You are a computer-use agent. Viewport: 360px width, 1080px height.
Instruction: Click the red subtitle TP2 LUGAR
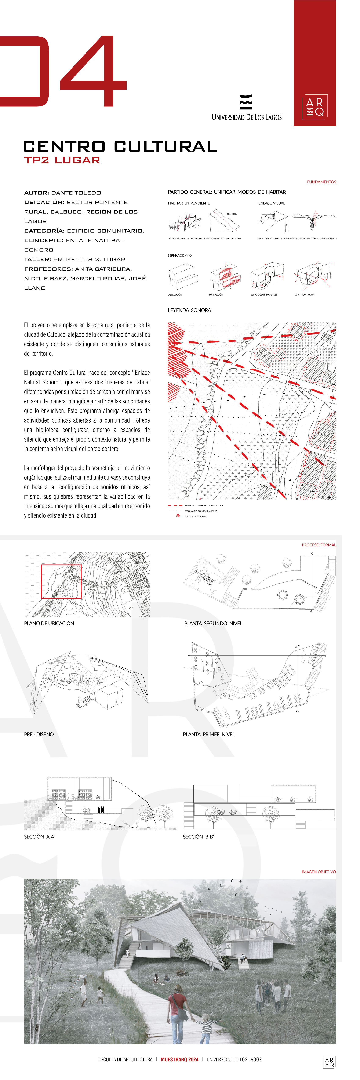(62, 160)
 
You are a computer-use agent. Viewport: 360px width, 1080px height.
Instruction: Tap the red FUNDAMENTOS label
(321, 182)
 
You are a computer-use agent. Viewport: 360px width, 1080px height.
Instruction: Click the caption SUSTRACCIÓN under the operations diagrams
(216, 295)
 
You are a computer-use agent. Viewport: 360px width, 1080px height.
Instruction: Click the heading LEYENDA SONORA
(189, 310)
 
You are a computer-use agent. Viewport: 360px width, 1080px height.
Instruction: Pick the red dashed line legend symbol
(175, 506)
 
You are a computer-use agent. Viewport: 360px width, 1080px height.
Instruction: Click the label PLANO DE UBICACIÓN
(49, 623)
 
